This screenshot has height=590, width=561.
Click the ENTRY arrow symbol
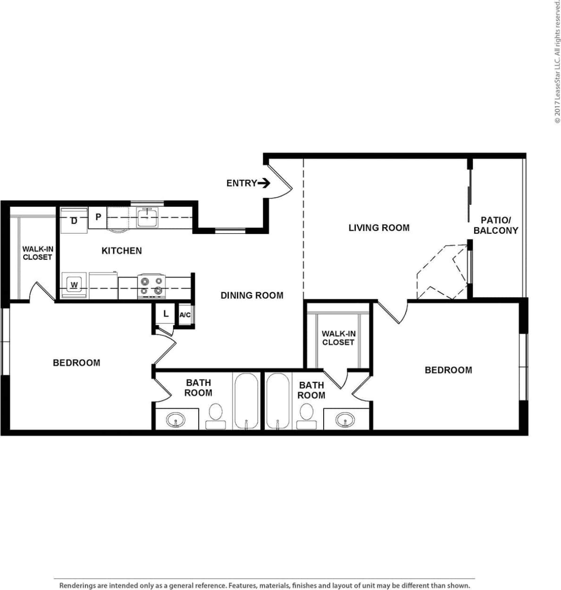tap(264, 183)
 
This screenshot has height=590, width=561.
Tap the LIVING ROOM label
tap(379, 228)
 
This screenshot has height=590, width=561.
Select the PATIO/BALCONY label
tap(495, 225)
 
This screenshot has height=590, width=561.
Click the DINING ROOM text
tap(252, 295)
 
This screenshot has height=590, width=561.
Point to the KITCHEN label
tap(121, 251)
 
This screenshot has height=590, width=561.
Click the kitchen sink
tap(148, 218)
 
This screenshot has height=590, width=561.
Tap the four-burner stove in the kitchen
tap(152, 286)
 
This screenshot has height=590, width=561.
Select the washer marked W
tap(74, 286)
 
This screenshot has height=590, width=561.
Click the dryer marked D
tap(74, 221)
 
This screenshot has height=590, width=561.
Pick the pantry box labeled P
tap(98, 217)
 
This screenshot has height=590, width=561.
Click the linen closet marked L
tap(165, 313)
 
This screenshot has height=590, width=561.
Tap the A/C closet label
tap(185, 314)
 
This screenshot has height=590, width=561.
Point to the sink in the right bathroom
tap(345, 419)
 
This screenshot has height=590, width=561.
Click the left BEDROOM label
tap(76, 362)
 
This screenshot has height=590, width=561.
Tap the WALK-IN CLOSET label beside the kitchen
tap(37, 253)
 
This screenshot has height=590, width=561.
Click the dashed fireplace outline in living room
tap(441, 272)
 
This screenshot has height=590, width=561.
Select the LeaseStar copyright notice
tap(557, 61)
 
